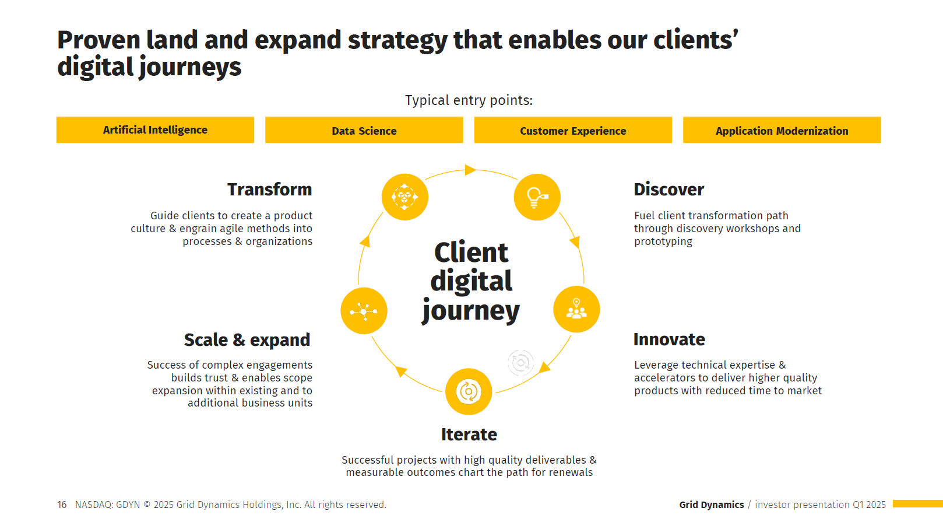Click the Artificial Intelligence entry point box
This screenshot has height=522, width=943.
click(155, 129)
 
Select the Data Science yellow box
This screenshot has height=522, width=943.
click(364, 130)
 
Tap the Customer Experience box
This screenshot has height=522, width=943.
click(573, 130)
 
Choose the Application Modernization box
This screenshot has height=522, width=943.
click(782, 130)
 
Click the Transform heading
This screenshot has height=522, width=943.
click(269, 190)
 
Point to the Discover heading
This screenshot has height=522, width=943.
click(668, 190)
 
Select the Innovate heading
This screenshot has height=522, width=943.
click(669, 339)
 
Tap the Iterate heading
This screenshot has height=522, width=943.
click(469, 435)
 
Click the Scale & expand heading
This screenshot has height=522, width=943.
click(247, 340)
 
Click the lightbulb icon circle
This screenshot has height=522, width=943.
click(537, 197)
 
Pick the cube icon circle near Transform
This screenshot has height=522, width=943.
click(404, 197)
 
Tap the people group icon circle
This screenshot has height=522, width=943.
click(576, 309)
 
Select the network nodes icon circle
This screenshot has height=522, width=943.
click(364, 311)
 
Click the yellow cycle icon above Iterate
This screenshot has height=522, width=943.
click(469, 391)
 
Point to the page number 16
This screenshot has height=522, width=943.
click(62, 505)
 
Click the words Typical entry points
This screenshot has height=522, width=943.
click(469, 100)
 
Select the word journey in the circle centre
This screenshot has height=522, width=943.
click(471, 310)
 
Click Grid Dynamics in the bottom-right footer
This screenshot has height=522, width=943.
click(711, 505)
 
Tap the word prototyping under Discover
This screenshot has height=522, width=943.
click(663, 241)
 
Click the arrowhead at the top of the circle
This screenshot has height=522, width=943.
click(470, 170)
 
